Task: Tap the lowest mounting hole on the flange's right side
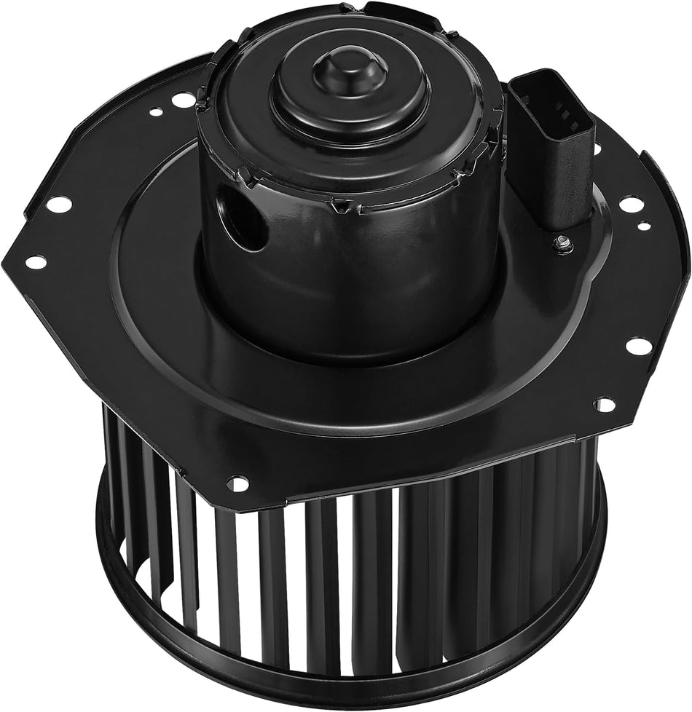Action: (605, 403)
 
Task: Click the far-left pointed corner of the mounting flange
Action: (9, 251)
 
